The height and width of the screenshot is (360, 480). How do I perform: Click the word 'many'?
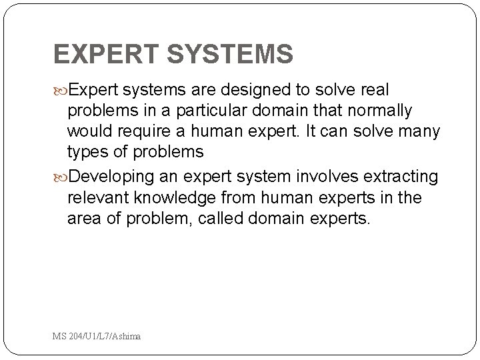coord(419,131)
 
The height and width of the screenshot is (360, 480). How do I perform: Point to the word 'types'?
coord(91,152)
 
